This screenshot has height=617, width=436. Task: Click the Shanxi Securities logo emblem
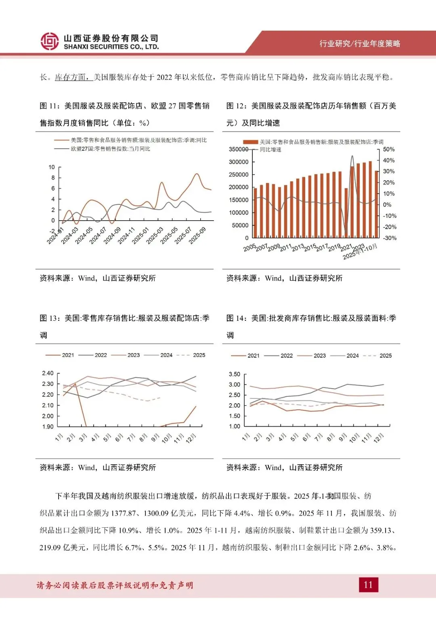click(x=49, y=41)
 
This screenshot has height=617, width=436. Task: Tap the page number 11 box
click(x=368, y=585)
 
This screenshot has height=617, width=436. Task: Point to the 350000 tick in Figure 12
click(x=239, y=150)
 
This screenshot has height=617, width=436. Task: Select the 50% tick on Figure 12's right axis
click(x=389, y=150)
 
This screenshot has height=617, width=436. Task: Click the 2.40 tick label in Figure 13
click(x=48, y=373)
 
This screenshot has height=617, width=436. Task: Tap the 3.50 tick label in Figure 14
click(x=234, y=374)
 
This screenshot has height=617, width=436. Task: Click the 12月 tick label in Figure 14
click(x=378, y=438)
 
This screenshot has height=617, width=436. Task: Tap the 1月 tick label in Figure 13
click(x=59, y=437)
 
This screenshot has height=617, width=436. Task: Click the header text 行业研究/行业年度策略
click(x=360, y=44)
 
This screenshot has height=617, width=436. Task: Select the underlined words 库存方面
click(x=71, y=77)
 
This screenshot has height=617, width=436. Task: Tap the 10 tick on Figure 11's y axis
click(x=52, y=167)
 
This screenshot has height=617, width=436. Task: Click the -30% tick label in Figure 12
click(x=390, y=238)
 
